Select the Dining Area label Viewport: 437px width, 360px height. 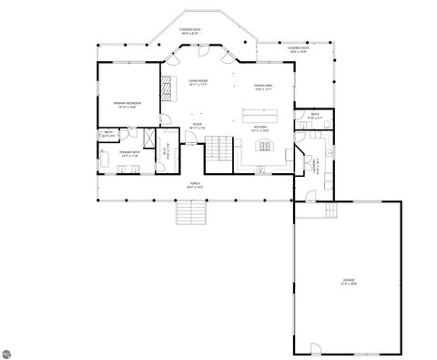pyautogui.click(x=264, y=86)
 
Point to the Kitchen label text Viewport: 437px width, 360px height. pyautogui.click(x=261, y=127)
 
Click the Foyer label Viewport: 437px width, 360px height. pyautogui.click(x=197, y=125)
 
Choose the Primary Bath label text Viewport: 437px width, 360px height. pyautogui.click(x=128, y=154)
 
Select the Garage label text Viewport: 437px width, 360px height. pyautogui.click(x=349, y=283)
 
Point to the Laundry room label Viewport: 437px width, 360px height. pyautogui.click(x=317, y=166)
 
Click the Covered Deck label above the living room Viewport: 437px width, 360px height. pyautogui.click(x=190, y=30)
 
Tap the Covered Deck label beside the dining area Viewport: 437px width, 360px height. pyautogui.click(x=298, y=48)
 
